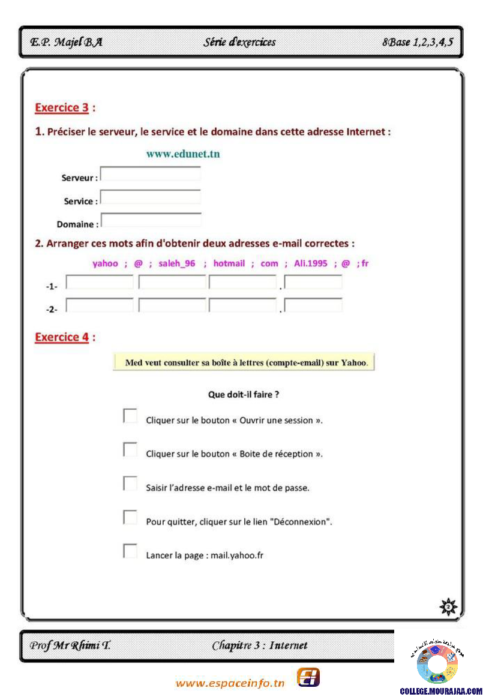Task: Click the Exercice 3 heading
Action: tap(62, 108)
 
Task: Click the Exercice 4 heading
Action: tap(62, 337)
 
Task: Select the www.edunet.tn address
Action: tap(183, 154)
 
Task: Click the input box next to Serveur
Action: tap(151, 174)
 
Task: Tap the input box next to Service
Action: tap(151, 197)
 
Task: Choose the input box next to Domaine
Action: tap(151, 220)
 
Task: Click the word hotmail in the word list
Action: tap(229, 263)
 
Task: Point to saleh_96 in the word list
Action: tap(177, 263)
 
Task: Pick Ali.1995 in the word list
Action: tap(311, 263)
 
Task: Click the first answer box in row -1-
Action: tap(100, 283)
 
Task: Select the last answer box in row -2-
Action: tap(313, 305)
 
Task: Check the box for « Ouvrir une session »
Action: tap(130, 416)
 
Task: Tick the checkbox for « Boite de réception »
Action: tap(130, 450)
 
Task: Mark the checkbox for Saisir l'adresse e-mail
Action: tap(130, 483)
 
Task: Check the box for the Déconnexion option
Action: tap(130, 517)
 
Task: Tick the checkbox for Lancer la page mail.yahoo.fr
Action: tap(130, 551)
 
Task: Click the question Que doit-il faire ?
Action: tap(244, 395)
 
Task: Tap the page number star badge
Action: tap(448, 608)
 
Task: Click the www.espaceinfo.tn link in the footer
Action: tap(230, 683)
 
